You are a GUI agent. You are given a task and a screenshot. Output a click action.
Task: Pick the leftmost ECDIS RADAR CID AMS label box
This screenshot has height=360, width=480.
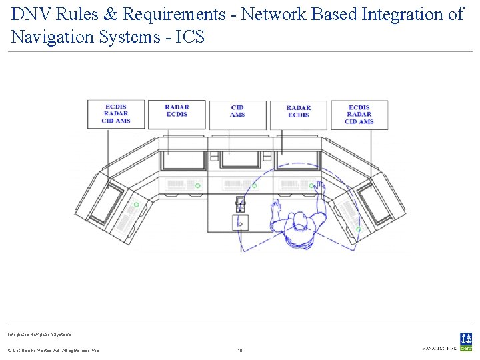pyautogui.click(x=115, y=114)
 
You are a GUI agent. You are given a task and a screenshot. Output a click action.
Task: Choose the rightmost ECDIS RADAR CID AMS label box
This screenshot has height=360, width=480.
pyautogui.click(x=359, y=114)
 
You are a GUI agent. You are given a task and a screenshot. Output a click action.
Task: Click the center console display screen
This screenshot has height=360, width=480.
pyautogui.click(x=240, y=160)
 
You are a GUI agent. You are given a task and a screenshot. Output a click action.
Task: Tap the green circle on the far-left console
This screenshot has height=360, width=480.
pyautogui.click(x=136, y=205)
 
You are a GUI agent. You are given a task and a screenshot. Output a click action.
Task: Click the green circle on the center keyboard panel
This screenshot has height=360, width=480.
pyautogui.click(x=254, y=186)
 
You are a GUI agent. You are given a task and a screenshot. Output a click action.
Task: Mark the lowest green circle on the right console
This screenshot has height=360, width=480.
pyautogui.click(x=359, y=229)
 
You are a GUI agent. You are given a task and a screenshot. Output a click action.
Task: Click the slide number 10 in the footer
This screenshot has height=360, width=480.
pyautogui.click(x=241, y=349)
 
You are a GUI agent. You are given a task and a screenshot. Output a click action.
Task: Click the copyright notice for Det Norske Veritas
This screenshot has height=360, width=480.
pyautogui.click(x=53, y=350)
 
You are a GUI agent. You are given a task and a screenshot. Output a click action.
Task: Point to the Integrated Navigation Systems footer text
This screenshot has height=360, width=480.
pyautogui.click(x=39, y=334)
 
